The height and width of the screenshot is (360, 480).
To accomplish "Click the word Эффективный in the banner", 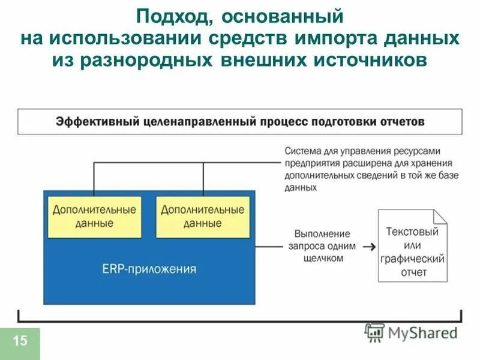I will (99, 122).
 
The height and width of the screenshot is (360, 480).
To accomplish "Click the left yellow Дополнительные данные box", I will (94, 217).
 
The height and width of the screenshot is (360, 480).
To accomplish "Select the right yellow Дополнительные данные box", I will (203, 217).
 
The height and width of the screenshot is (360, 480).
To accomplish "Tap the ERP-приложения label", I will (149, 269).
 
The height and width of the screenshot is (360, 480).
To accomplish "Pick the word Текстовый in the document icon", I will (412, 232).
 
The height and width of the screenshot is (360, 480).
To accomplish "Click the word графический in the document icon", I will (412, 259).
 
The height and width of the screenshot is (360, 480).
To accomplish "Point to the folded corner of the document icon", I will (440, 215).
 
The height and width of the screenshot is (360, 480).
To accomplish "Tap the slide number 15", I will (20, 341).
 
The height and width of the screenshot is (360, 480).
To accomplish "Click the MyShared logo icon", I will (374, 332).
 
